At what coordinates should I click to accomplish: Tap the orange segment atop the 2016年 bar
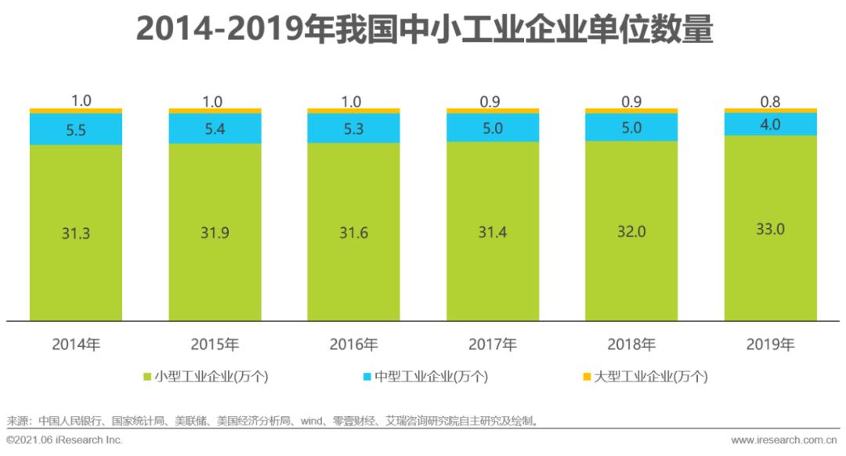(353, 110)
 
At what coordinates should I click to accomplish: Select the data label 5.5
(76, 129)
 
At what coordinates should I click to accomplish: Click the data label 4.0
(771, 125)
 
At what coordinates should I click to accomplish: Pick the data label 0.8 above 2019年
(771, 101)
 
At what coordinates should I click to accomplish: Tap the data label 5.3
(353, 129)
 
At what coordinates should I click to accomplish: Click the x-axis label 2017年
(493, 344)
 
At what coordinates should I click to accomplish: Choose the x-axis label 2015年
(215, 344)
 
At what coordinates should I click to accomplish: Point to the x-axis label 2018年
(631, 344)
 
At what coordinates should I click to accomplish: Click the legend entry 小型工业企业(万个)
(205, 377)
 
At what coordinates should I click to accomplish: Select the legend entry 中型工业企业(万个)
(424, 377)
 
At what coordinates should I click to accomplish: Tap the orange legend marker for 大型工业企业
(587, 377)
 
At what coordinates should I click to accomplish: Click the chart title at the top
(423, 30)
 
